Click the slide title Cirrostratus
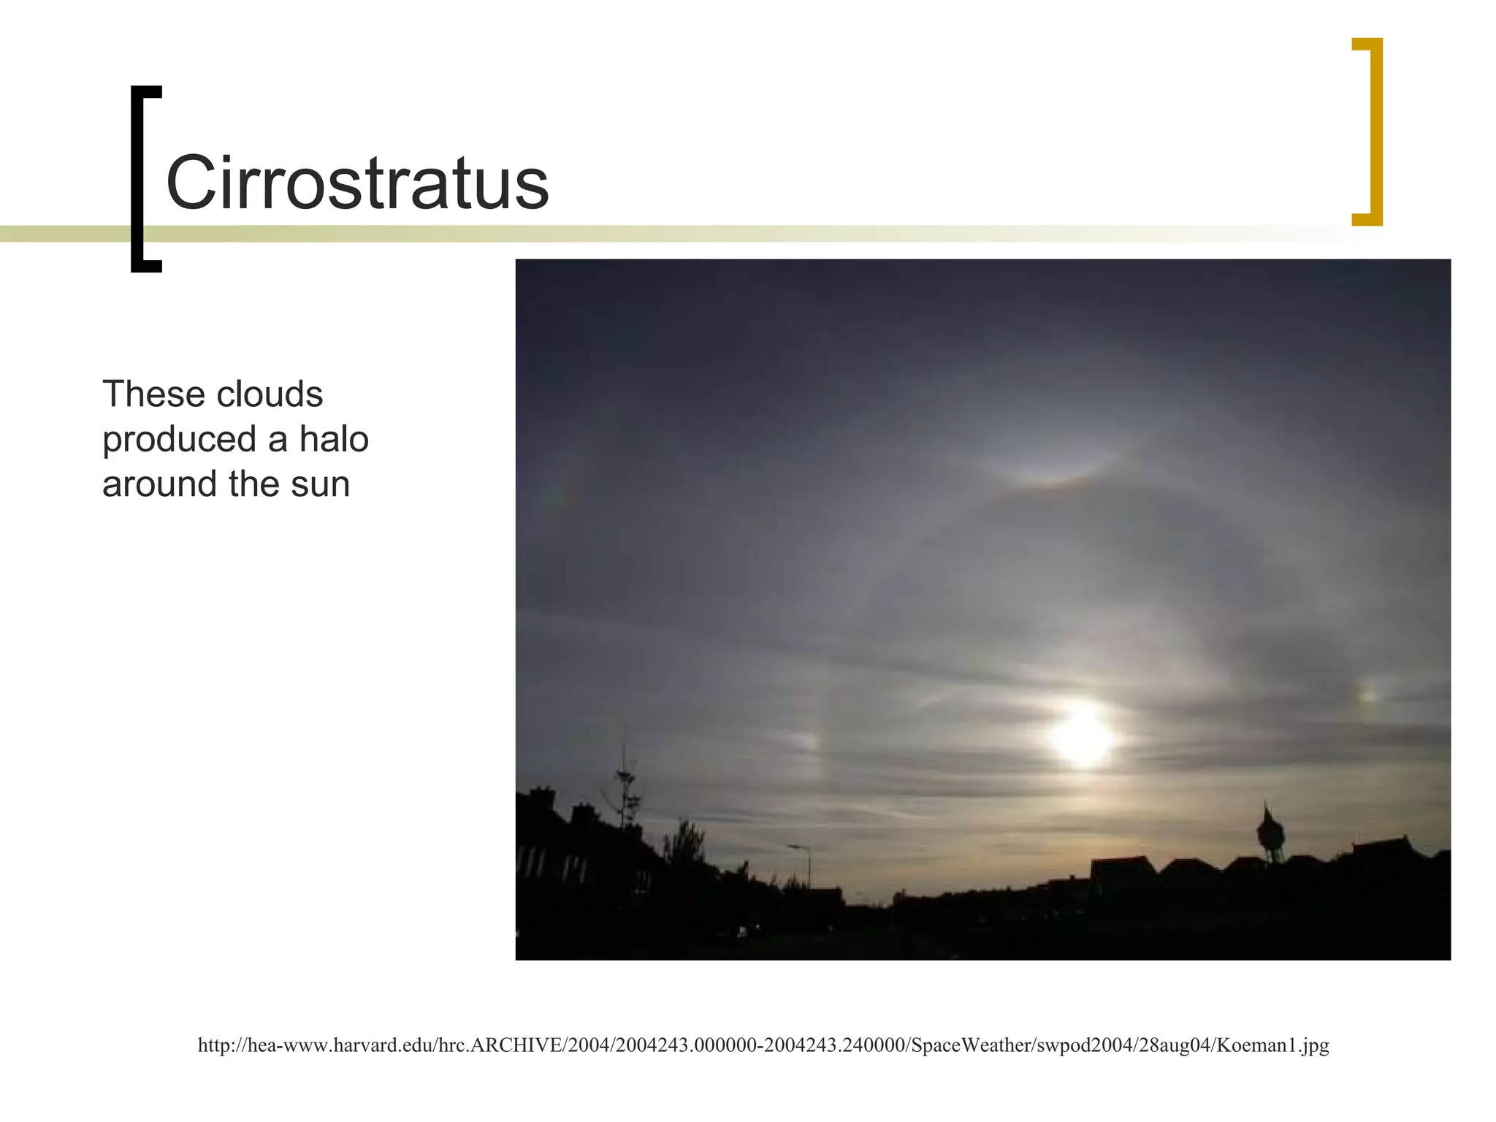[x=357, y=183]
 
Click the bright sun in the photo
[x=1082, y=736]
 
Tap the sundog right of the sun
[x=1367, y=695]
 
